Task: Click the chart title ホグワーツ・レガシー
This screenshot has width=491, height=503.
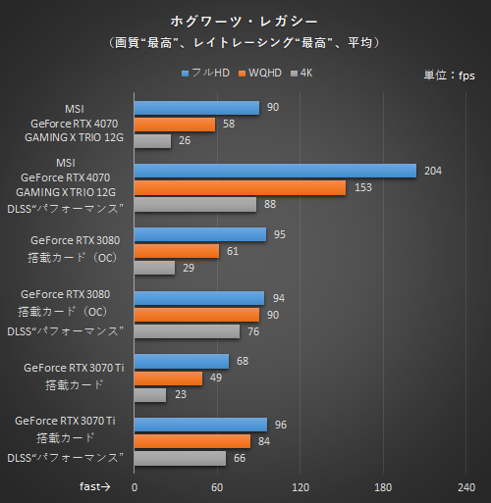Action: (245, 20)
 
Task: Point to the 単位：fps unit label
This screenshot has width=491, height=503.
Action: (450, 75)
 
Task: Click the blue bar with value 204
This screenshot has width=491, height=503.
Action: (275, 171)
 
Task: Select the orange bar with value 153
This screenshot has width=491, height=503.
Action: (240, 188)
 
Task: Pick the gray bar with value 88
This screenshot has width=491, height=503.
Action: (194, 205)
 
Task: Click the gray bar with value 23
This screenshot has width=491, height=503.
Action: (149, 395)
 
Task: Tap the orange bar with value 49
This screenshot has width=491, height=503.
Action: (168, 378)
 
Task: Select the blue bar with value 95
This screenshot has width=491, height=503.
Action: (199, 234)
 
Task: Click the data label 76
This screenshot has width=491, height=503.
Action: (253, 331)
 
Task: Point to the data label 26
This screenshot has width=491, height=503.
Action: (184, 141)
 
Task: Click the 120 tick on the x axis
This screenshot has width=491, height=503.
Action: (300, 486)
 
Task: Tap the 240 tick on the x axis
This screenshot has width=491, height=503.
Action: (467, 486)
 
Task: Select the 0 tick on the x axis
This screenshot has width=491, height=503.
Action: (135, 486)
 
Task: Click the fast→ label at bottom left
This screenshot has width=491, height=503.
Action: (95, 485)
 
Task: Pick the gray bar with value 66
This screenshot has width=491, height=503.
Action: (180, 458)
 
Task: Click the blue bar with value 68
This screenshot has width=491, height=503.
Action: (181, 362)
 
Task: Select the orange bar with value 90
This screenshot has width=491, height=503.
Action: (196, 315)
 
